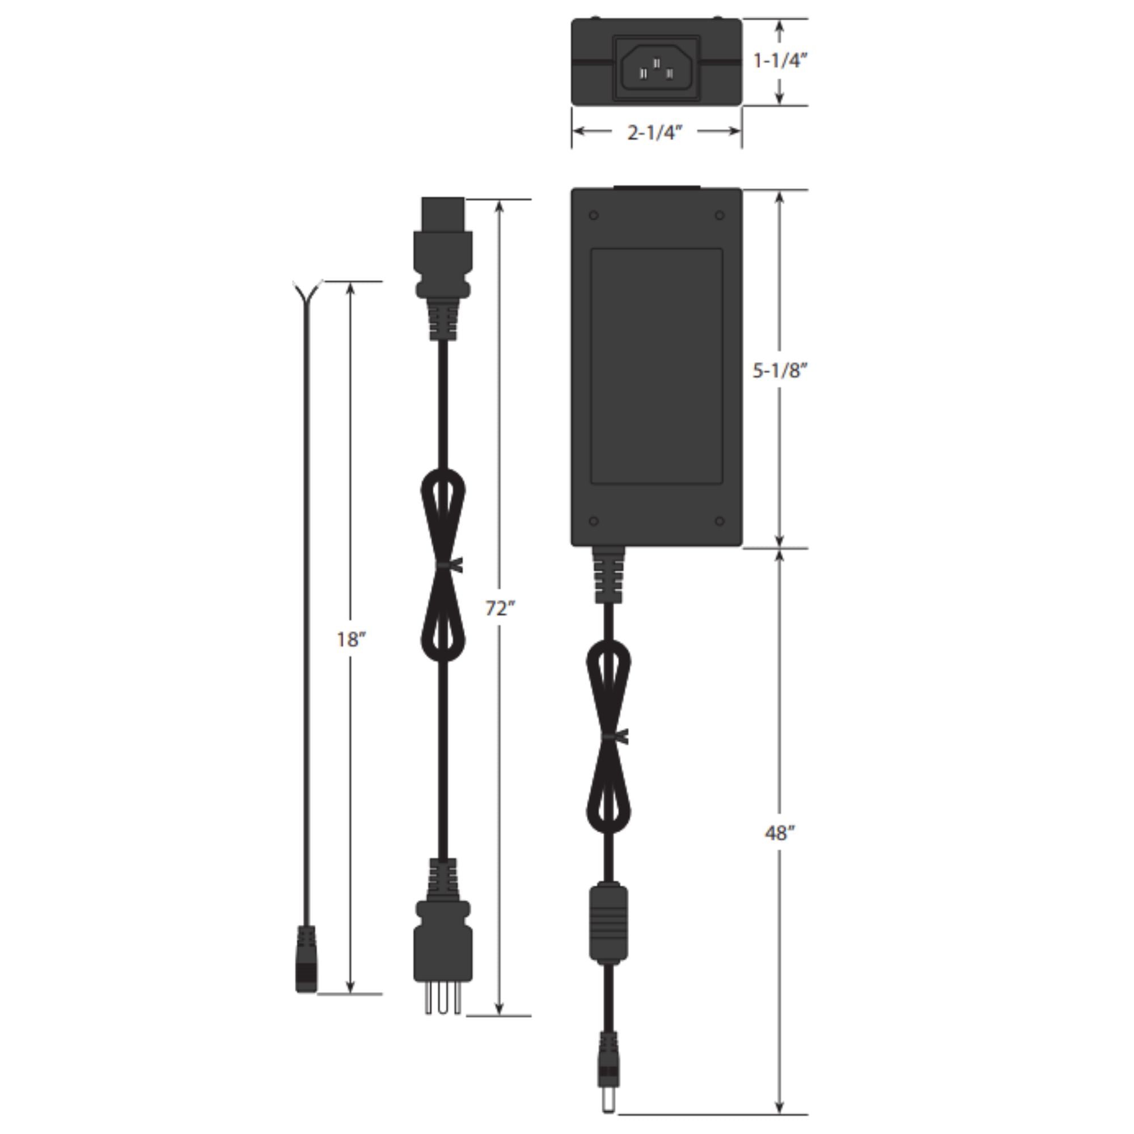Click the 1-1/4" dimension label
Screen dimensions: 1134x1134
[x=780, y=61]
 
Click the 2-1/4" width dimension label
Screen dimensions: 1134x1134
[x=654, y=133]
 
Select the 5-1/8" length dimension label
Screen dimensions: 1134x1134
[x=780, y=371]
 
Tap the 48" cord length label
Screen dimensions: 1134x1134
[x=780, y=833]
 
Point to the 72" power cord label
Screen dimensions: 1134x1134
[x=500, y=608]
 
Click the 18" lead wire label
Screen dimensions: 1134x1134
[x=351, y=639]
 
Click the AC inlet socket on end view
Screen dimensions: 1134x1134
[x=656, y=69]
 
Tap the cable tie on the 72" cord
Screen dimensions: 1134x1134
[x=449, y=565]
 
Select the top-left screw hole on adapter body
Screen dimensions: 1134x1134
[x=594, y=216]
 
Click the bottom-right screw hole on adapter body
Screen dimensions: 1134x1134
[x=720, y=521]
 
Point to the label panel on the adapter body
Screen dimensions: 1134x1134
[x=656, y=367]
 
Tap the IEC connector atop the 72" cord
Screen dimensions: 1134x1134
[x=443, y=247]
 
